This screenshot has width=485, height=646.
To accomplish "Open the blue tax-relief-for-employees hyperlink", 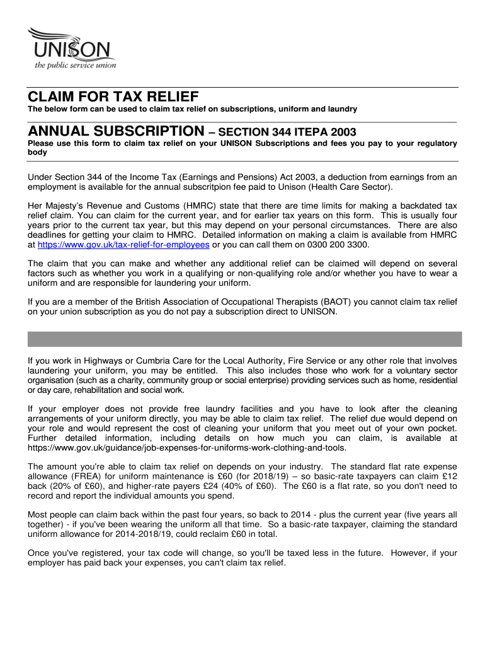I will (x=123, y=245).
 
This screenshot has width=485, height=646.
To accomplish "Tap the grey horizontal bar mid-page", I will (x=245, y=339).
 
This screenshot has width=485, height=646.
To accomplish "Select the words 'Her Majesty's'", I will (x=57, y=206).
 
